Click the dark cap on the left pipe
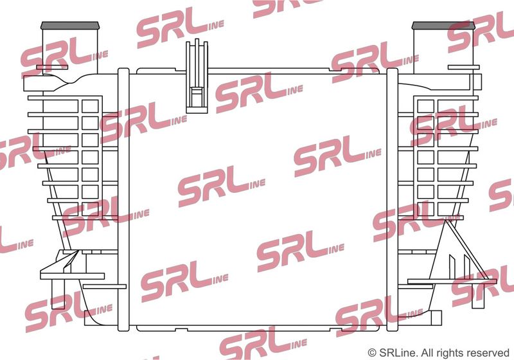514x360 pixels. tap(70, 25)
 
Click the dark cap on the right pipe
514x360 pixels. tap(443, 25)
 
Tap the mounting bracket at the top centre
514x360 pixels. tap(197, 76)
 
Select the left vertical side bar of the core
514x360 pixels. tap(123, 200)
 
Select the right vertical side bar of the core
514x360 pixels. tap(392, 200)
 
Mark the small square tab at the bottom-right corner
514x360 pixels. tap(436, 318)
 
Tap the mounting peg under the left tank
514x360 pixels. tap(58, 294)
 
